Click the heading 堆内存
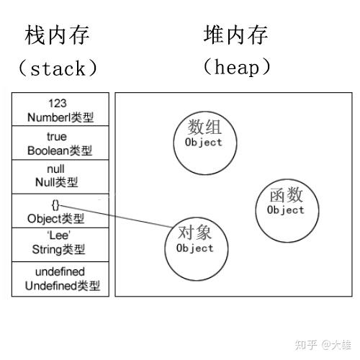[x=237, y=35]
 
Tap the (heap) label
[x=237, y=68]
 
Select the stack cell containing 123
[x=60, y=109]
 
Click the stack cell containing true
[x=60, y=143]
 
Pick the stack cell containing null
[x=60, y=176]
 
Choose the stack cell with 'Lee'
[x=60, y=244]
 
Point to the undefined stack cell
[x=60, y=279]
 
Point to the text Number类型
[x=60, y=117]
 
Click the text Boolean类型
[x=60, y=150]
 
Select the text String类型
[x=60, y=251]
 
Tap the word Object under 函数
[x=285, y=210]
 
